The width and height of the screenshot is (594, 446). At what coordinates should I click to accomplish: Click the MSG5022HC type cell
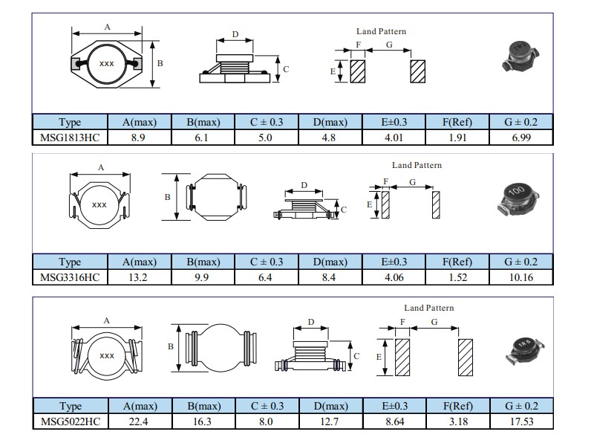(70, 421)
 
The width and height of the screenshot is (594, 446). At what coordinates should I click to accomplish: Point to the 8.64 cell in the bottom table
(394, 421)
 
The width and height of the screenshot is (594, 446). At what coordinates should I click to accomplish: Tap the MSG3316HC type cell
(70, 277)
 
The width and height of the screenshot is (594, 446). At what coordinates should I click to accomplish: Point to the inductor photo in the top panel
(518, 54)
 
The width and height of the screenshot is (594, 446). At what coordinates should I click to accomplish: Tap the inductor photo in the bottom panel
(523, 346)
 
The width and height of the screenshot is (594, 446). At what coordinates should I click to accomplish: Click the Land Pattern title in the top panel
(381, 32)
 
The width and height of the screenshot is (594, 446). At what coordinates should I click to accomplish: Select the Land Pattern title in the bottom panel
(428, 308)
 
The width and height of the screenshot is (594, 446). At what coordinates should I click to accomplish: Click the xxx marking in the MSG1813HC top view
(106, 64)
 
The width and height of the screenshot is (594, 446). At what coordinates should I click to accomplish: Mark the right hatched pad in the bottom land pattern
(466, 357)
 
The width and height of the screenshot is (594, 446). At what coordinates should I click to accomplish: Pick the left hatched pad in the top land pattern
(358, 72)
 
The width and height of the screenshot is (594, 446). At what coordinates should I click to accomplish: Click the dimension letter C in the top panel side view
(286, 69)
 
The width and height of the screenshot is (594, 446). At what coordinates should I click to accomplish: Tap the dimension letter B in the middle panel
(168, 197)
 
